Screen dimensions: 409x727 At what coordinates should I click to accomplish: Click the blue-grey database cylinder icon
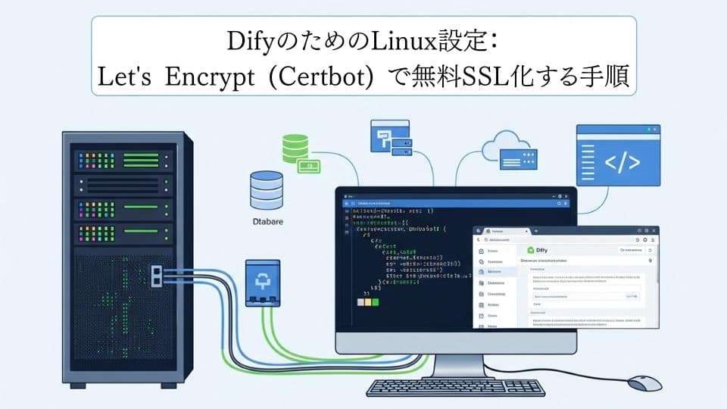[x=266, y=189]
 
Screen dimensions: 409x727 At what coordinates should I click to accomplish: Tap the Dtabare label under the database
[x=267, y=221]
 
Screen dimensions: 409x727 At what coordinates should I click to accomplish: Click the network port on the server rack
[x=158, y=275]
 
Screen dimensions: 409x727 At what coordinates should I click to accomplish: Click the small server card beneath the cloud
[x=518, y=160]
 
